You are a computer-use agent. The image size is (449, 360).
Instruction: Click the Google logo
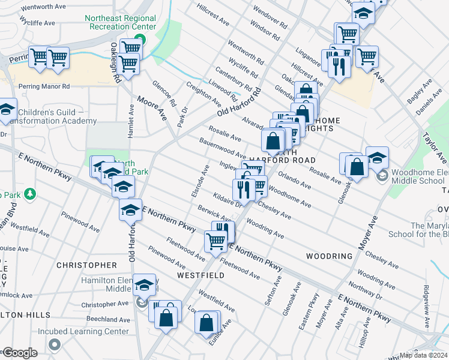click(x=19, y=353)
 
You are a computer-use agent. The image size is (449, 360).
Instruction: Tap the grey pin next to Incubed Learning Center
click(x=56, y=344)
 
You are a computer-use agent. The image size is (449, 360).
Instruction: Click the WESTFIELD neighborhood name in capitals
click(x=200, y=275)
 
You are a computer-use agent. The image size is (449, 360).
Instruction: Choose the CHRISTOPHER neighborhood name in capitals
click(x=86, y=265)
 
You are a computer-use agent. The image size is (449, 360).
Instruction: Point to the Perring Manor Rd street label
click(x=44, y=86)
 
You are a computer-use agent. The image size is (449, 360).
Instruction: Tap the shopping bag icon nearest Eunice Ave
click(x=206, y=322)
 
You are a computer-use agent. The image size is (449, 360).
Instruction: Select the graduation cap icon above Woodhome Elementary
click(x=376, y=158)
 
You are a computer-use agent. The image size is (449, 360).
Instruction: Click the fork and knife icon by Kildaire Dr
click(x=244, y=190)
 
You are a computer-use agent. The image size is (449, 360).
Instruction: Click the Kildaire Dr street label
click(x=227, y=200)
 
